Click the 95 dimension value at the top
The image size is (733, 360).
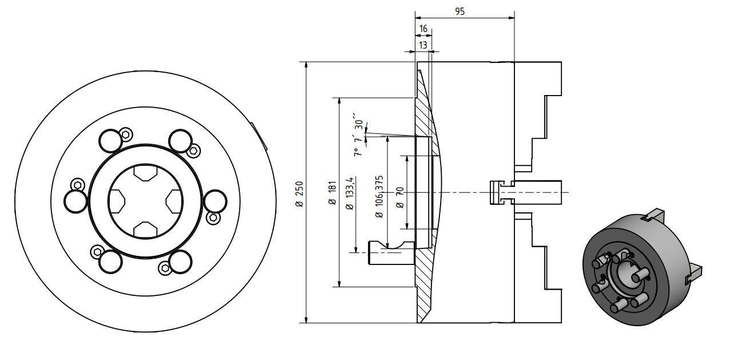pyautogui.click(x=459, y=11)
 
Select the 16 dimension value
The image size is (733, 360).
pyautogui.click(x=423, y=29)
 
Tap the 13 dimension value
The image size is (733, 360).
pyautogui.click(x=423, y=45)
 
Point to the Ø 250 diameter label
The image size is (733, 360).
pyautogui.click(x=299, y=194)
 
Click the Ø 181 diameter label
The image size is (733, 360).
pyautogui.click(x=332, y=193)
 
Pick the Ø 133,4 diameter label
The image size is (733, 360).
pyautogui.click(x=350, y=193)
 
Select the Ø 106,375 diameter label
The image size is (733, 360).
pyautogui.click(x=379, y=197)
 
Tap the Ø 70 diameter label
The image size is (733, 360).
pyautogui.click(x=400, y=197)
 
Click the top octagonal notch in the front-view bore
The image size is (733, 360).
pyautogui.click(x=145, y=173)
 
